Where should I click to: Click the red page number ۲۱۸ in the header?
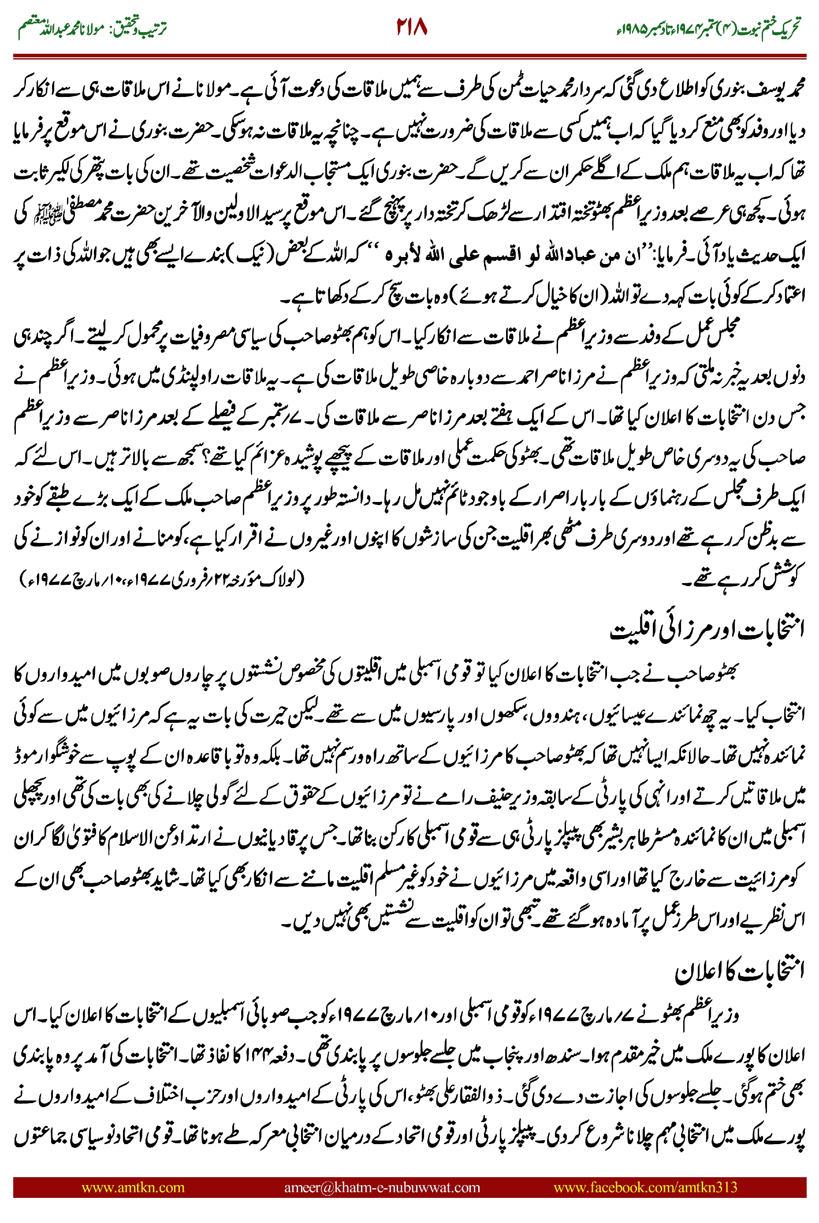[412, 26]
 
